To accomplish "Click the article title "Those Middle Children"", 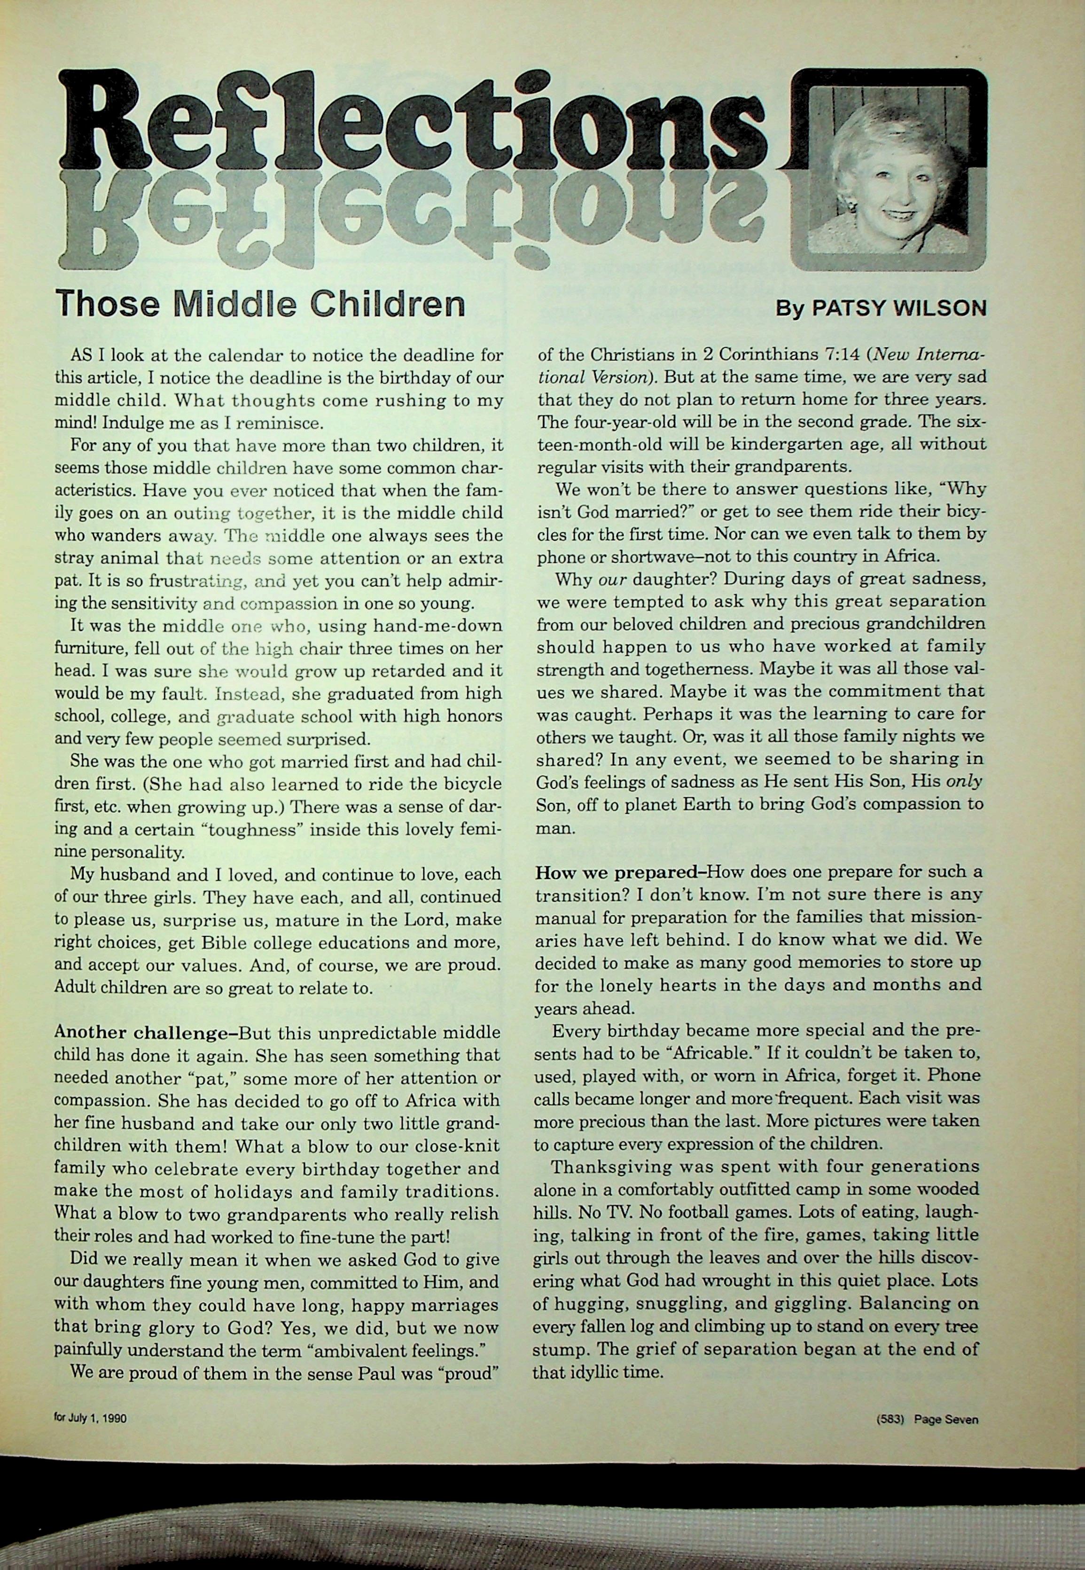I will (x=260, y=304).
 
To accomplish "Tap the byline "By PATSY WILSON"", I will (x=881, y=309).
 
